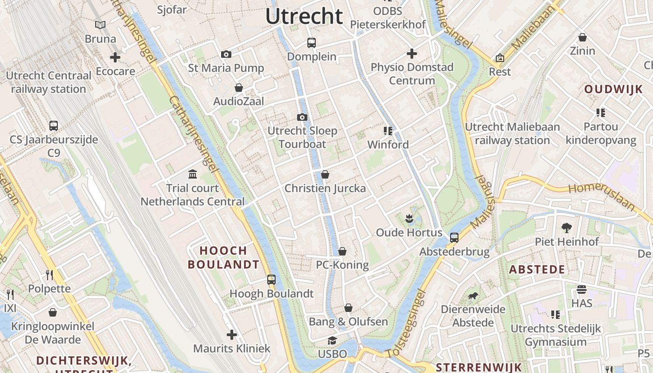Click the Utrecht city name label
pos(304,16)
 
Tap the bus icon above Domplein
pos(312,43)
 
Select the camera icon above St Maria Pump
pos(226,55)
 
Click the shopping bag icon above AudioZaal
pos(239,88)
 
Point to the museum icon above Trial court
pos(193,174)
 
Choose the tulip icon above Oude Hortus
pos(409,218)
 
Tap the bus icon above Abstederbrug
pos(454,238)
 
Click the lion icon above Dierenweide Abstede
pos(473,296)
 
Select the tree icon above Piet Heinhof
pos(567,228)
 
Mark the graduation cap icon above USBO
pos(332,340)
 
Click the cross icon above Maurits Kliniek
pos(232,335)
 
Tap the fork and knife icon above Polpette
pos(49,275)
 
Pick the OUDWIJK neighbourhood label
pos(613,90)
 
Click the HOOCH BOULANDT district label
pos(223,257)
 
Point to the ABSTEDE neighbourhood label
pos(537,269)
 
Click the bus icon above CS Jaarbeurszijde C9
pos(54,125)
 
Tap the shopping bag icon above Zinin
pos(582,37)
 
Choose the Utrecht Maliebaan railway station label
pos(512,133)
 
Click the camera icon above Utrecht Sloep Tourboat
pos(302,117)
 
